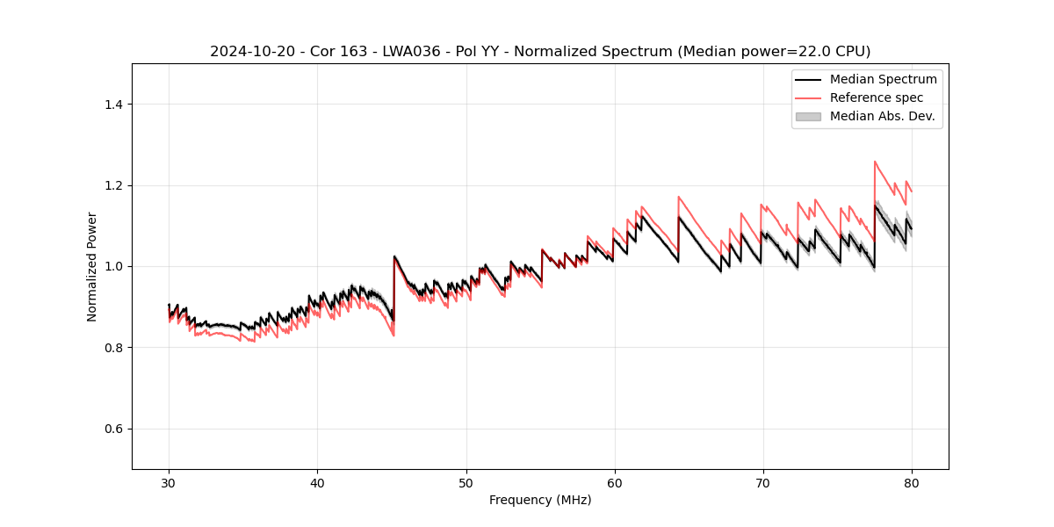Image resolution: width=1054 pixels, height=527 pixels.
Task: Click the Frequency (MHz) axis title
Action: point(540,500)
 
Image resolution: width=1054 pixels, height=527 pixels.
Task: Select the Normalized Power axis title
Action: point(92,266)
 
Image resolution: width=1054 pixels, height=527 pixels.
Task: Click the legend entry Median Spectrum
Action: point(883,79)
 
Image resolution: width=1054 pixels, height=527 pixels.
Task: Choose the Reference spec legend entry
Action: point(876,97)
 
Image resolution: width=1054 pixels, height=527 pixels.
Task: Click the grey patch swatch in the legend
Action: point(808,116)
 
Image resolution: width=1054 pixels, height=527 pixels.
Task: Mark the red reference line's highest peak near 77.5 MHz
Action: point(875,162)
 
